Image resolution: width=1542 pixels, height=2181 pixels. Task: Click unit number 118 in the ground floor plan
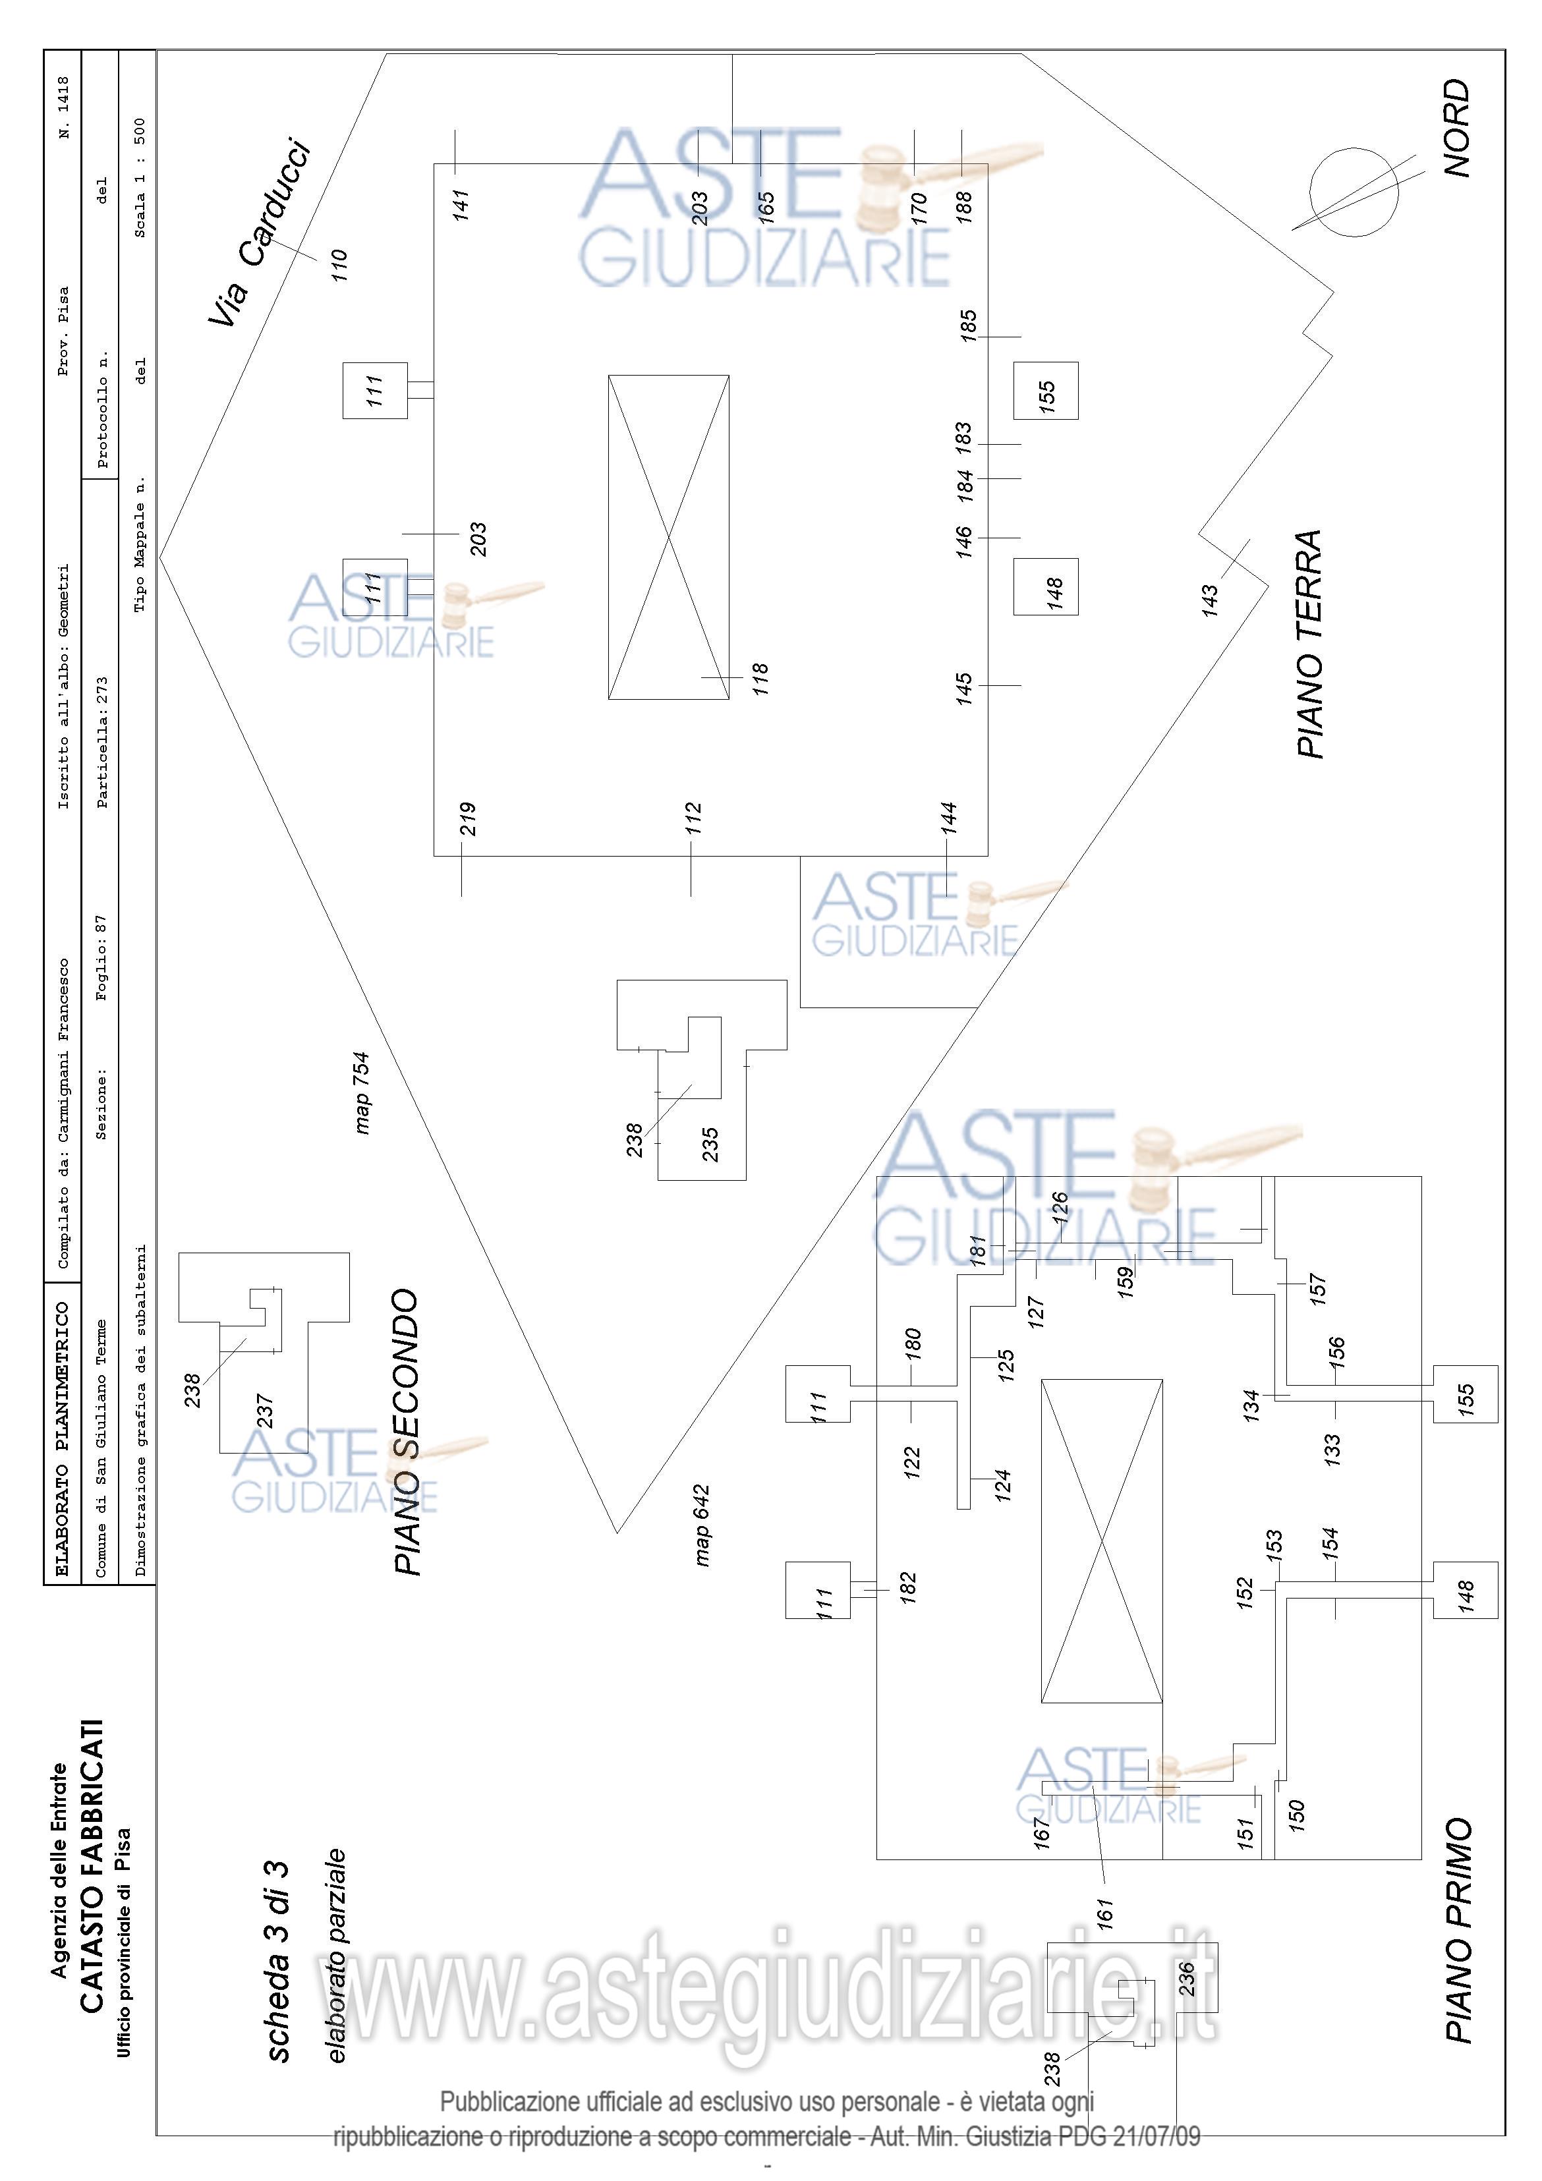[x=760, y=680]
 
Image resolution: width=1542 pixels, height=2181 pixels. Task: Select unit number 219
[x=467, y=819]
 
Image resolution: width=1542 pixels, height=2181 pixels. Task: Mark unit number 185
[x=968, y=326]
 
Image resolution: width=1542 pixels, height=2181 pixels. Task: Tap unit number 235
[x=710, y=1145]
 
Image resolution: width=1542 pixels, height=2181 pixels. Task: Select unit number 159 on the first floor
[x=1126, y=1282]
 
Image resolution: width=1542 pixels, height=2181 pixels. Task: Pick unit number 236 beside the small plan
[x=1185, y=1979]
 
